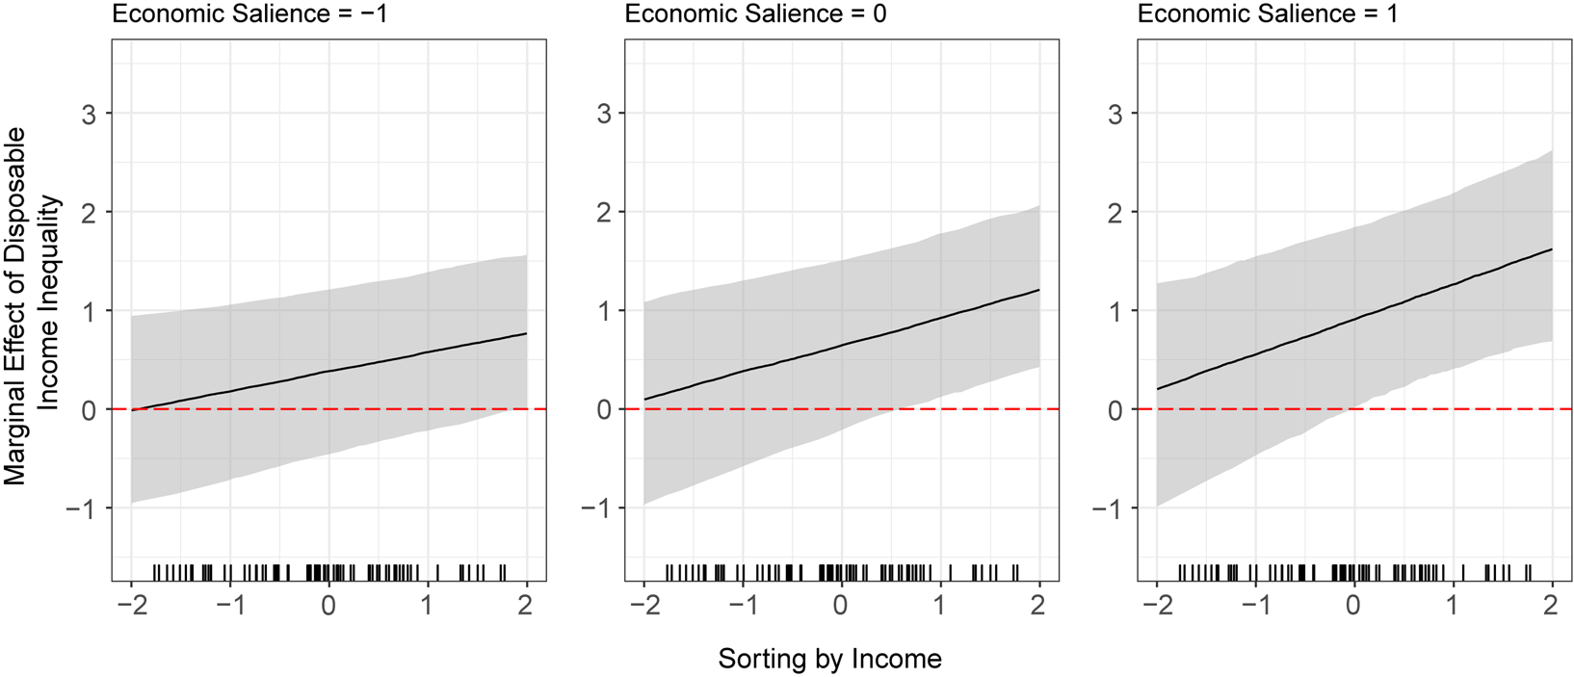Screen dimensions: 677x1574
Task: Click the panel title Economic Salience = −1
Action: pyautogui.click(x=250, y=13)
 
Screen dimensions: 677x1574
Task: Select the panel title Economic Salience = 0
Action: pyautogui.click(x=755, y=13)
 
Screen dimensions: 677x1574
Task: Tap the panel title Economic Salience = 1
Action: pyautogui.click(x=1268, y=13)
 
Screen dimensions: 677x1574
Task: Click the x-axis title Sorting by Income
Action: pyautogui.click(x=829, y=659)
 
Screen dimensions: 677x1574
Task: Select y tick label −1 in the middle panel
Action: pyautogui.click(x=597, y=508)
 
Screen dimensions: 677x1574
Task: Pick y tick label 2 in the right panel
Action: pyautogui.click(x=1115, y=213)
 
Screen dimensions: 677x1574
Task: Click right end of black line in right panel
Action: pyautogui.click(x=1552, y=249)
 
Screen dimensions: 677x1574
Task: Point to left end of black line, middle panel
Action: pyautogui.click(x=644, y=399)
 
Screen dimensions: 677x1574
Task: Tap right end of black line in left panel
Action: pyautogui.click(x=527, y=333)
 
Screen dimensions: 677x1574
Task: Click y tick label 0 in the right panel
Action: pyautogui.click(x=1115, y=410)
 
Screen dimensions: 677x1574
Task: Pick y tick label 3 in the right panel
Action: pyautogui.click(x=1115, y=114)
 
